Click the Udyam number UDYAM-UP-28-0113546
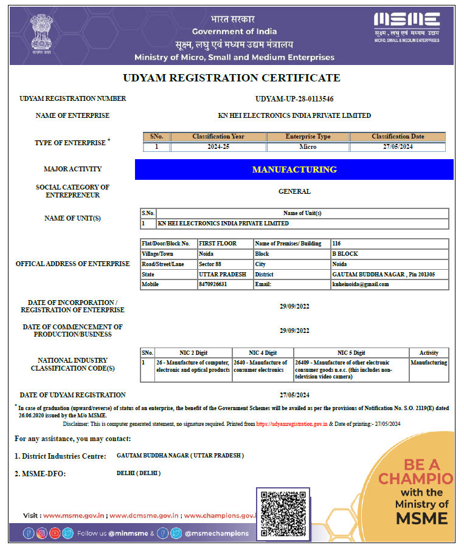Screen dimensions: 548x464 [x=294, y=98]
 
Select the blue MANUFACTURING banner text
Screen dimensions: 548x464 [x=294, y=170]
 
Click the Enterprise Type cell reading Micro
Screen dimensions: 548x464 [x=308, y=147]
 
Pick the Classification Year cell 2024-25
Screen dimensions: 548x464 [x=218, y=147]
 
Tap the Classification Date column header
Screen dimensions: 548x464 [x=398, y=137]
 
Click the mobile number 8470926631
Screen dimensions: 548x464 [x=213, y=284]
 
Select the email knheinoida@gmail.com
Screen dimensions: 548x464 [x=361, y=284]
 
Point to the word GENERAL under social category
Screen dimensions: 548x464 [x=294, y=191]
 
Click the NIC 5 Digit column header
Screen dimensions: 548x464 [x=351, y=352]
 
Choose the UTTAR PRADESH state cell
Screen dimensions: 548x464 [x=223, y=275]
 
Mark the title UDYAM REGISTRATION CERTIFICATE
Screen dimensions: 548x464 [x=232, y=78]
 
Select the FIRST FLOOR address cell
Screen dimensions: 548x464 [x=218, y=243]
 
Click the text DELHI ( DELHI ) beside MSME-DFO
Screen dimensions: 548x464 [x=139, y=473]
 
